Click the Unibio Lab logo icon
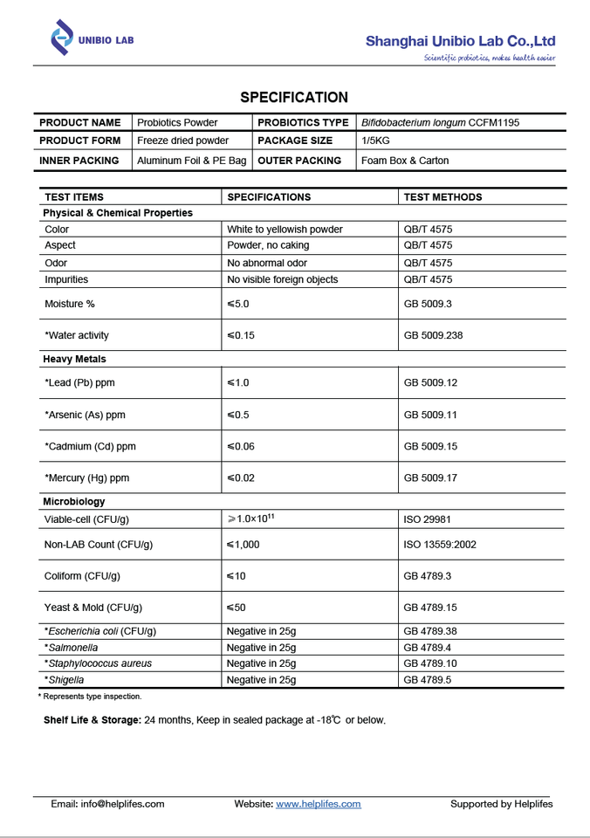[62, 38]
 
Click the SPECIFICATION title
[294, 98]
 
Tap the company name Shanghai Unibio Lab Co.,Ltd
[460, 41]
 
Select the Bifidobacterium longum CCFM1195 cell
[440, 123]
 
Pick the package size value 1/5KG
[377, 141]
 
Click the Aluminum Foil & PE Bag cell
[192, 161]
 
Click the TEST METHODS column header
[442, 197]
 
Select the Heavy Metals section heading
[74, 359]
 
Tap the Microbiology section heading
[73, 502]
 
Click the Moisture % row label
[70, 304]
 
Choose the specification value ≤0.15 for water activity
[241, 335]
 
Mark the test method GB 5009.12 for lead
[430, 383]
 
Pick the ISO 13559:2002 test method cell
[440, 545]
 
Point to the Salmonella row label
[72, 648]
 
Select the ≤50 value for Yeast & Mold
[237, 608]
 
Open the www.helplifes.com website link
[319, 804]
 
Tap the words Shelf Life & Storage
[92, 720]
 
